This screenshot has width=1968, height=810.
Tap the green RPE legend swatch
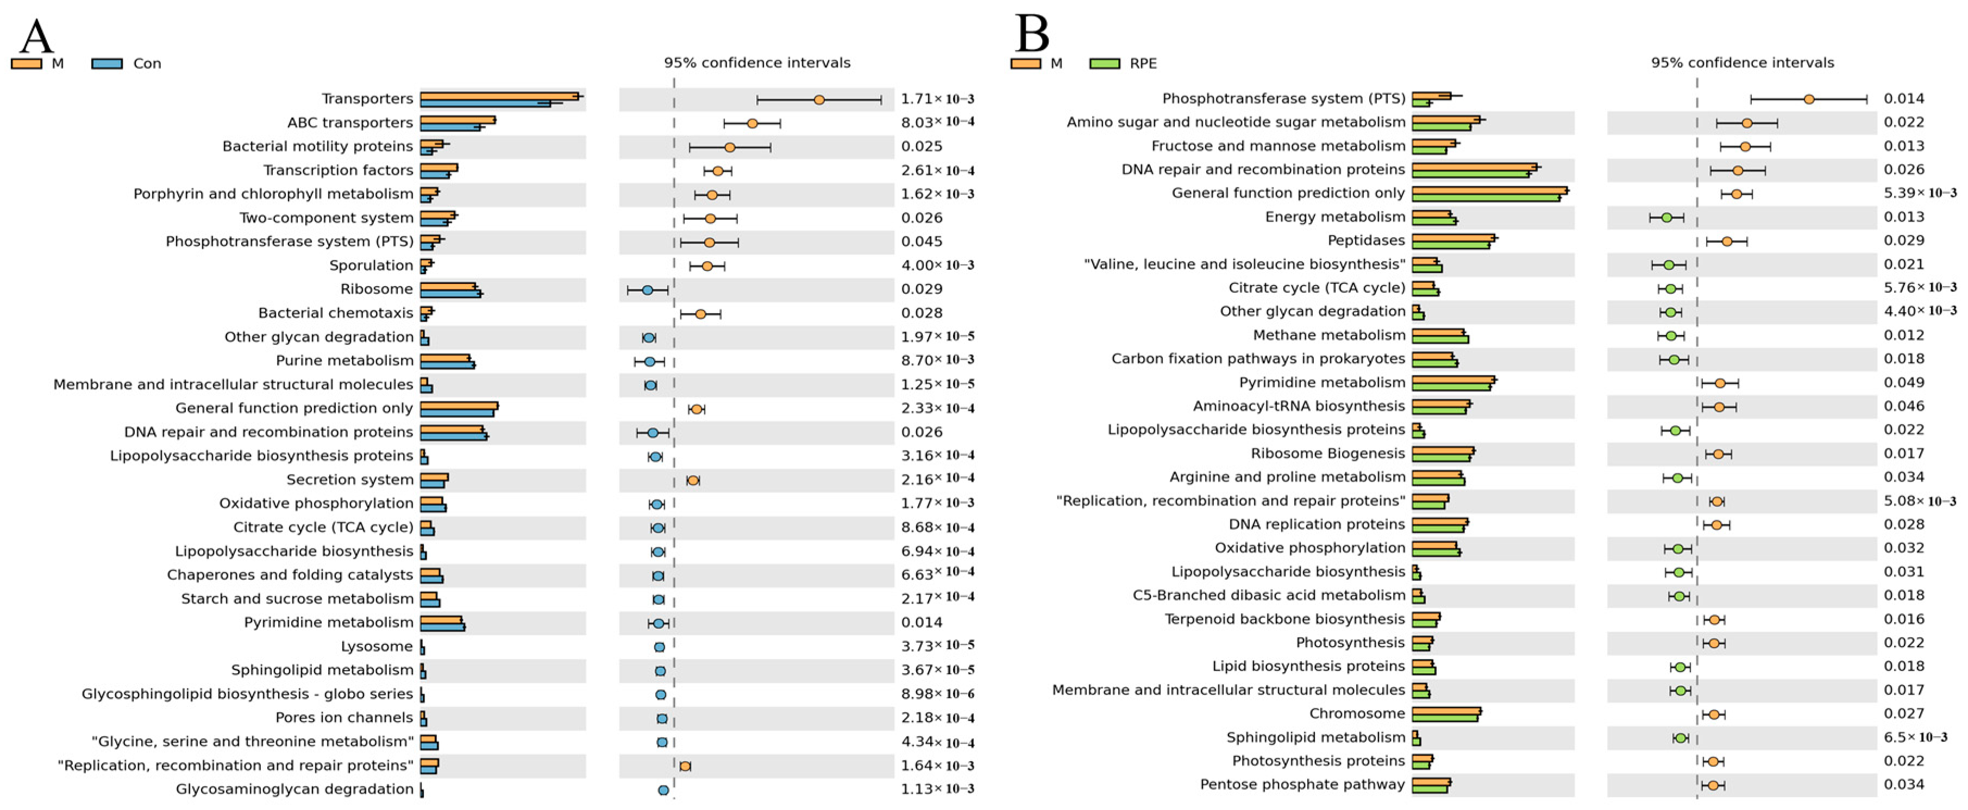click(x=1104, y=64)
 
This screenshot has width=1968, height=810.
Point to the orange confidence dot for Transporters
click(x=819, y=100)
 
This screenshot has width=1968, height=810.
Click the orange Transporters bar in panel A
click(x=500, y=96)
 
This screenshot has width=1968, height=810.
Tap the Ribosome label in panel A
click(x=377, y=289)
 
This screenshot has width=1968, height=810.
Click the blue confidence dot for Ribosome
click(x=647, y=290)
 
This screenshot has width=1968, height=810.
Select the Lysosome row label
click(x=377, y=647)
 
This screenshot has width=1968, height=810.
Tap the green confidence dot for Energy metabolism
click(x=1666, y=218)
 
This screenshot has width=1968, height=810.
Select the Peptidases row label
click(x=1366, y=241)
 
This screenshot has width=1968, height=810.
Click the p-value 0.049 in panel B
click(x=1904, y=383)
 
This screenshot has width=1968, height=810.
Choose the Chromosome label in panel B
click(x=1357, y=714)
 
